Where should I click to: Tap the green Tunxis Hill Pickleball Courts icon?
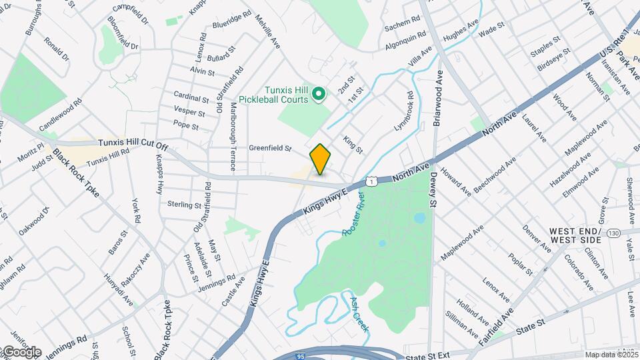point(319,95)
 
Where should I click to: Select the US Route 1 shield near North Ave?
point(370,181)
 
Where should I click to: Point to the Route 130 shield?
point(613,232)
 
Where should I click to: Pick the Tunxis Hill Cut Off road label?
point(133,143)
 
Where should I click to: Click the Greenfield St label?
point(271,148)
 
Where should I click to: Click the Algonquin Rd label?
point(405,41)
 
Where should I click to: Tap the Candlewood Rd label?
point(60,115)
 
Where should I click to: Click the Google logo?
point(21,352)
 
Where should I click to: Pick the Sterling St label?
point(185,205)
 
